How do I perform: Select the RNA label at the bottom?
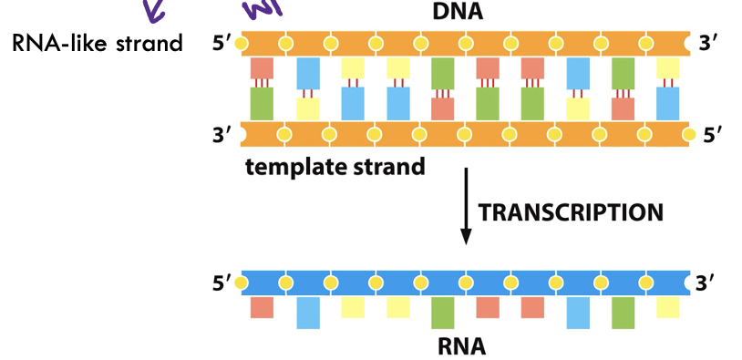click(465, 346)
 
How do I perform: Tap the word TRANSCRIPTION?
click(571, 212)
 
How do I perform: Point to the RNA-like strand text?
click(98, 43)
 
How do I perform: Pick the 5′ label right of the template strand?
click(713, 136)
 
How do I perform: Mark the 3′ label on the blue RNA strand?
click(706, 283)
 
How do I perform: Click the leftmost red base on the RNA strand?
click(263, 307)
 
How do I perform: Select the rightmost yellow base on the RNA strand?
click(668, 307)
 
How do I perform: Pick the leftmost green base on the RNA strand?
click(443, 312)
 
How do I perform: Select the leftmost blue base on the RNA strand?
click(308, 312)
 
